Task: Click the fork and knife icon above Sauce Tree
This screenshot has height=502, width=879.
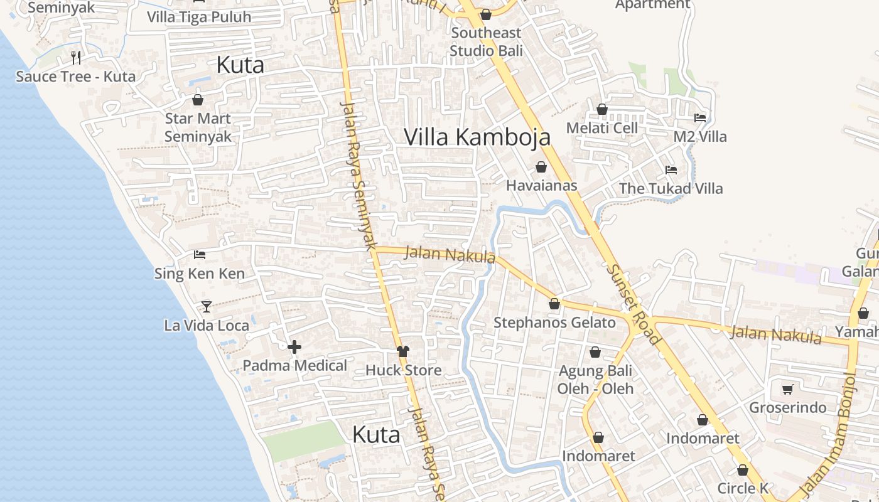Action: tap(76, 58)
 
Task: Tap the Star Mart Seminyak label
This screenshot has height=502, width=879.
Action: tap(198, 127)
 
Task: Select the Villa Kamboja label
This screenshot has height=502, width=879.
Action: tap(477, 137)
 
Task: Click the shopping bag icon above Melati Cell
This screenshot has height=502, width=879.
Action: tap(601, 109)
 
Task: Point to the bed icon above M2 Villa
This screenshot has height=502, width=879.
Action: tap(699, 117)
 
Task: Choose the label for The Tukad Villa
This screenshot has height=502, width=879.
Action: tap(671, 188)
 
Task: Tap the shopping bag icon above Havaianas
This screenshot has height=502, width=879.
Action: tap(541, 167)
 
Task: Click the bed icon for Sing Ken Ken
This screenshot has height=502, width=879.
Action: tap(200, 255)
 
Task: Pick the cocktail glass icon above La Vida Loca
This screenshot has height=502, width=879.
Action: tap(207, 307)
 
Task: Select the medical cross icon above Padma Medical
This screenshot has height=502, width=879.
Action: tap(294, 347)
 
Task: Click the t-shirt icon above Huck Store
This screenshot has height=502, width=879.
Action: tap(403, 351)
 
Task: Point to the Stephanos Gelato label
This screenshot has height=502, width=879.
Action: tap(554, 323)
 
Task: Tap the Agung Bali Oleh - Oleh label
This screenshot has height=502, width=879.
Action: tap(595, 380)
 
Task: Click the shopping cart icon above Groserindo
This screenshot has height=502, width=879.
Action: tap(787, 390)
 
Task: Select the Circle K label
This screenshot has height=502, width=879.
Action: tap(743, 488)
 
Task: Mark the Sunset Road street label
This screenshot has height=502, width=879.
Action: tap(634, 304)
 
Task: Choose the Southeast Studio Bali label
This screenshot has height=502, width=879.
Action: tap(486, 41)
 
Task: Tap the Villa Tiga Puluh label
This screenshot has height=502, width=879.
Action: tap(199, 17)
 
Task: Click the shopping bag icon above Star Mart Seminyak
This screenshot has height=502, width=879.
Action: tap(198, 100)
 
